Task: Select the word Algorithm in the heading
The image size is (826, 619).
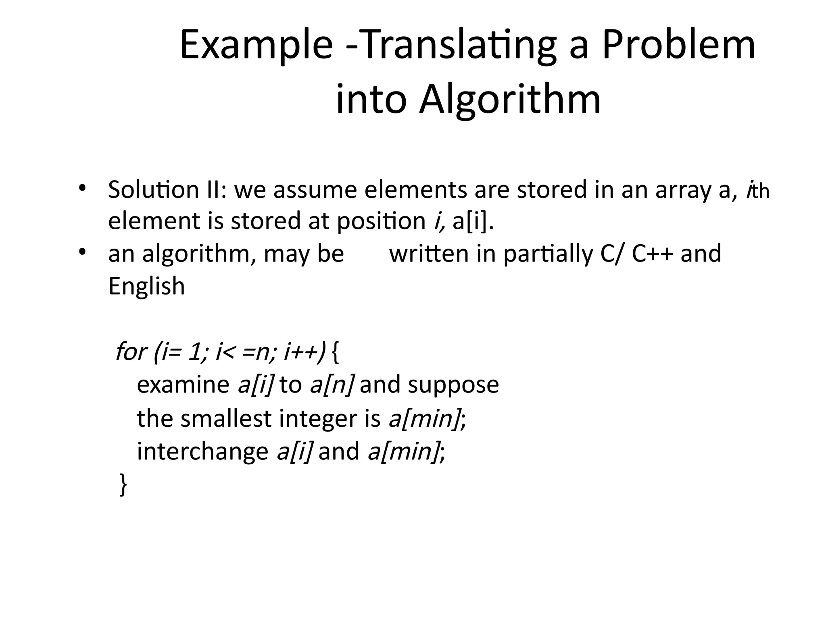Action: point(510,99)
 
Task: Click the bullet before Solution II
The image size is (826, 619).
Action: point(82,188)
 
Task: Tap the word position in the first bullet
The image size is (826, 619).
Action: point(381,221)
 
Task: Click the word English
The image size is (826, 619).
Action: point(146,287)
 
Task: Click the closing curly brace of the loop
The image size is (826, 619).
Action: point(123,485)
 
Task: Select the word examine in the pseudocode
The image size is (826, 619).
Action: point(183,385)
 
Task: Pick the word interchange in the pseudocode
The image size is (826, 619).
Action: point(202,451)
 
